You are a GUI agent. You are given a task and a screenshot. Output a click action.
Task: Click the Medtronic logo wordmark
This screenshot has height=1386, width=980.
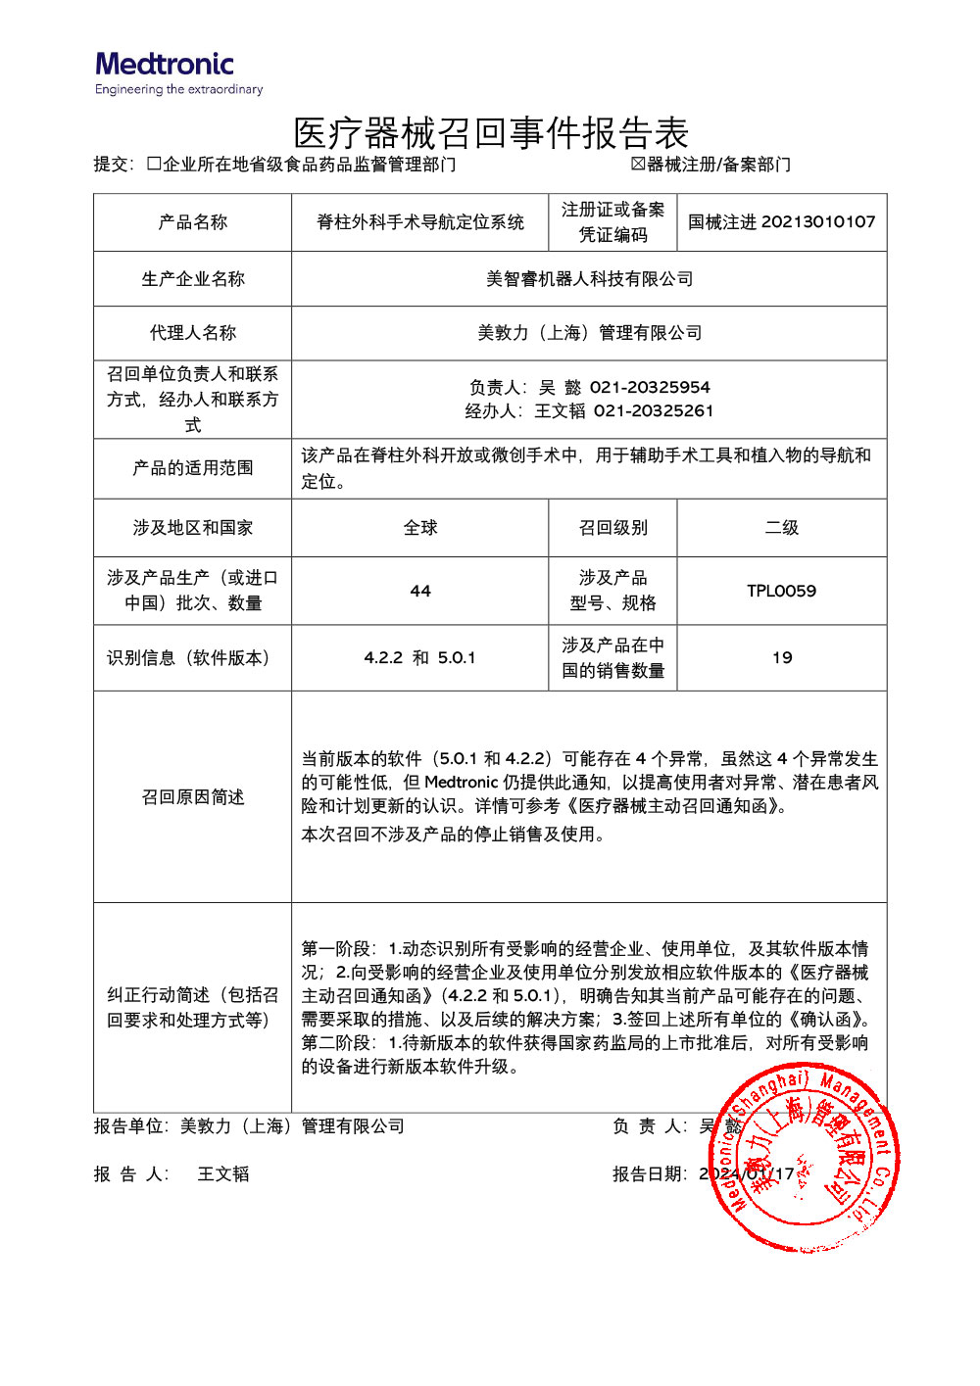[x=165, y=65]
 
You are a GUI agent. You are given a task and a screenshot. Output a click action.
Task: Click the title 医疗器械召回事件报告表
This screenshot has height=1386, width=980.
[x=491, y=133]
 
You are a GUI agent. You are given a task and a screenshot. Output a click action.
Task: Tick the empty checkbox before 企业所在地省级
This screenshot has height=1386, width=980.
[x=154, y=164]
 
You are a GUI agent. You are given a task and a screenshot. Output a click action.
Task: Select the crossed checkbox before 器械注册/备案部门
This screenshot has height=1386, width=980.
[x=638, y=164]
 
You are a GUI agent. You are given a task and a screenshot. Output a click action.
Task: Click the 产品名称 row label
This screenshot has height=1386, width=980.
[x=192, y=222]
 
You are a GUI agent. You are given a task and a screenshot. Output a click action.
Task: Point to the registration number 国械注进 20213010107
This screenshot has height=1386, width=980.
[x=781, y=222]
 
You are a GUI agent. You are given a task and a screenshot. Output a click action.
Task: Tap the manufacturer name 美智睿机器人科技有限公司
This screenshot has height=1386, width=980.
[x=589, y=279]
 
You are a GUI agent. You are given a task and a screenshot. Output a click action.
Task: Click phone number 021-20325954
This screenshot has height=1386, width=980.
[x=650, y=387]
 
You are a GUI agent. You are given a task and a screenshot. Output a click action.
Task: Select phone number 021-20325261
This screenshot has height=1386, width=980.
[x=654, y=410]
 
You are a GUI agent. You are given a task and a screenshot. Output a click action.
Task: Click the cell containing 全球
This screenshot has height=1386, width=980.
[x=419, y=528]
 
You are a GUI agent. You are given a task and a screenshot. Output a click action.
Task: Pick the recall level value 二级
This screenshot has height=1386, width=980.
[x=781, y=528]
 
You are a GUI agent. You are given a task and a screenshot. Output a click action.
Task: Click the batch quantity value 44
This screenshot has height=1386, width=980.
[x=419, y=591]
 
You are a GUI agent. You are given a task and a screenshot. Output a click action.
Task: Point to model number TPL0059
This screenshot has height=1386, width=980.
[x=781, y=591]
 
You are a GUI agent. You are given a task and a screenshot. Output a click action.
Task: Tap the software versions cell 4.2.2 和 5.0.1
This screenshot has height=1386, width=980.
[x=419, y=657]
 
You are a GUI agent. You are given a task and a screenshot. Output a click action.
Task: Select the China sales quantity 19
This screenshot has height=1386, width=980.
[x=781, y=657]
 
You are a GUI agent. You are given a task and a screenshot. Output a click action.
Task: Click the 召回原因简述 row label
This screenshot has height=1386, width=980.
[x=192, y=797]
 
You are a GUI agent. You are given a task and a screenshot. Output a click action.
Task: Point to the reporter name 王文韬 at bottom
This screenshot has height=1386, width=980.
[x=223, y=1173]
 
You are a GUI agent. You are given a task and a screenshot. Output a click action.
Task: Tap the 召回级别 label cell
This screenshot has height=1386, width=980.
[x=612, y=528]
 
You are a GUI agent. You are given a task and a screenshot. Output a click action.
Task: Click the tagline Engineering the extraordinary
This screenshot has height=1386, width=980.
[x=179, y=90]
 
